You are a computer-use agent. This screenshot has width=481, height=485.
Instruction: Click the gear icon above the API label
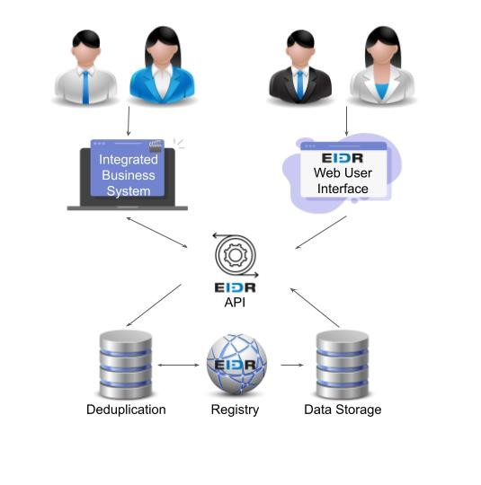pyautogui.click(x=236, y=255)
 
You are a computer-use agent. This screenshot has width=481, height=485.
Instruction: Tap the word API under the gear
pyautogui.click(x=236, y=303)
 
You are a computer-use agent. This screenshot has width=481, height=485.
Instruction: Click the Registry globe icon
pyautogui.click(x=236, y=366)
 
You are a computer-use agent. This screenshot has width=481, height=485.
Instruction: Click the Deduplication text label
pyautogui.click(x=126, y=410)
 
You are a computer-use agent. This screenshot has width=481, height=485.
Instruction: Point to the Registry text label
pyautogui.click(x=235, y=410)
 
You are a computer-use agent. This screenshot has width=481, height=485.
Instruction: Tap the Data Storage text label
pyautogui.click(x=343, y=410)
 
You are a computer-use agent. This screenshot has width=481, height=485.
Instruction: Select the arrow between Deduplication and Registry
pyautogui.click(x=178, y=366)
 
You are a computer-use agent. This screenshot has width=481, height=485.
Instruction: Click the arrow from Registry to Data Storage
pyautogui.click(x=290, y=366)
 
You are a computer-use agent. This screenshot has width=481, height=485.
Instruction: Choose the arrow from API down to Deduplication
pyautogui.click(x=154, y=305)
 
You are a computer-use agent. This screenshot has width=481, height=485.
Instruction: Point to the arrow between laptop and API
pyautogui.click(x=157, y=231)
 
